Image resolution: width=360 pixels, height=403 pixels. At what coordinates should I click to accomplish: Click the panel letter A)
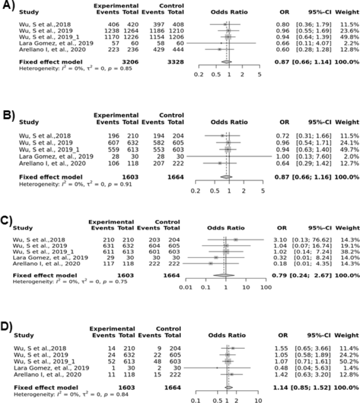(7, 8)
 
